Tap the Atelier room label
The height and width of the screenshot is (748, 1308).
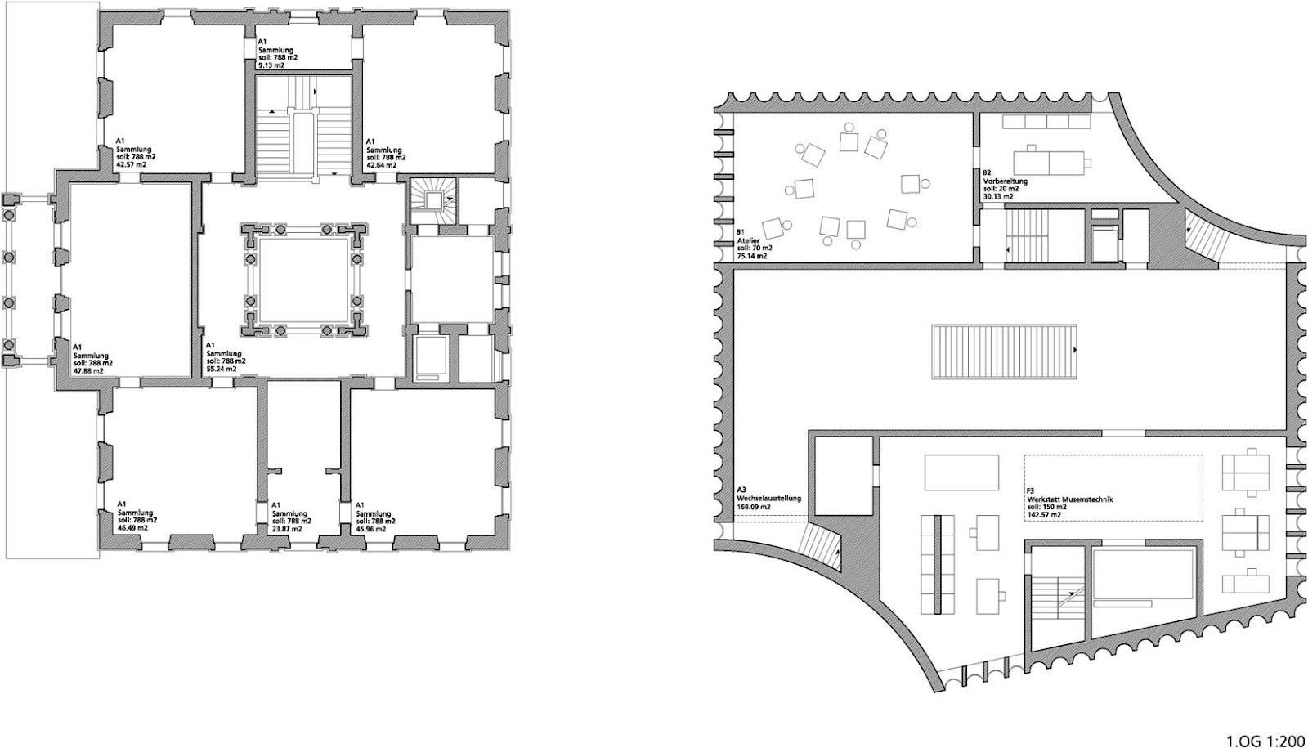(747, 240)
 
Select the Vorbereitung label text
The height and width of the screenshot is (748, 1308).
(1005, 181)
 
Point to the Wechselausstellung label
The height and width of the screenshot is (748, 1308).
(769, 499)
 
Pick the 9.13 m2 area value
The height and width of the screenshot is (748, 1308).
(271, 65)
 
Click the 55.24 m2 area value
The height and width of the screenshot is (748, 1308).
(222, 369)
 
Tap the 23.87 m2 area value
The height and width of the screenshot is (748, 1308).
(287, 528)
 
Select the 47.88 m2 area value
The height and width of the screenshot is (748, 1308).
(89, 370)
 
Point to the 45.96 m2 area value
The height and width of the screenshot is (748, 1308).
(371, 528)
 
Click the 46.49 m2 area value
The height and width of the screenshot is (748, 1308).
(132, 527)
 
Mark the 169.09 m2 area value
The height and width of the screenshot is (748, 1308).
(754, 507)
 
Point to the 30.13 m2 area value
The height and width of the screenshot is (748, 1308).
(998, 196)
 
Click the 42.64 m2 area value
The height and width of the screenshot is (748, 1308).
(382, 165)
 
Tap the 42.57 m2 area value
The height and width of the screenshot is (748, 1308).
(132, 165)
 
